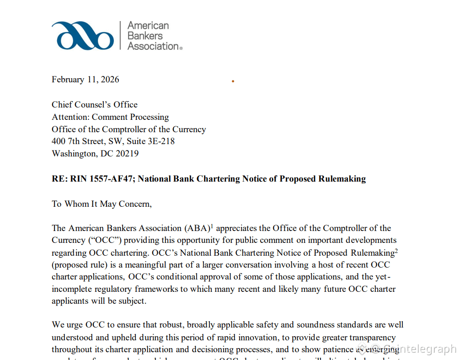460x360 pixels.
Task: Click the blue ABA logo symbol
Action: click(x=83, y=36)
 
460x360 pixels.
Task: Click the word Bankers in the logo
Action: click(x=145, y=36)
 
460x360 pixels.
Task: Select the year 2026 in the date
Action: click(x=110, y=80)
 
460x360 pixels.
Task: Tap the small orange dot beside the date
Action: click(x=233, y=81)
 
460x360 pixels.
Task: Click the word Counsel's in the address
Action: click(x=95, y=105)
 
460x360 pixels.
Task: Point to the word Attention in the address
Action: click(x=70, y=117)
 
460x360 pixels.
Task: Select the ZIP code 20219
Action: click(x=127, y=154)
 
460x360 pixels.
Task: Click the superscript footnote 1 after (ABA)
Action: click(x=212, y=226)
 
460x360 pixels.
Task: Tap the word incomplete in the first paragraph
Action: click(x=72, y=290)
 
